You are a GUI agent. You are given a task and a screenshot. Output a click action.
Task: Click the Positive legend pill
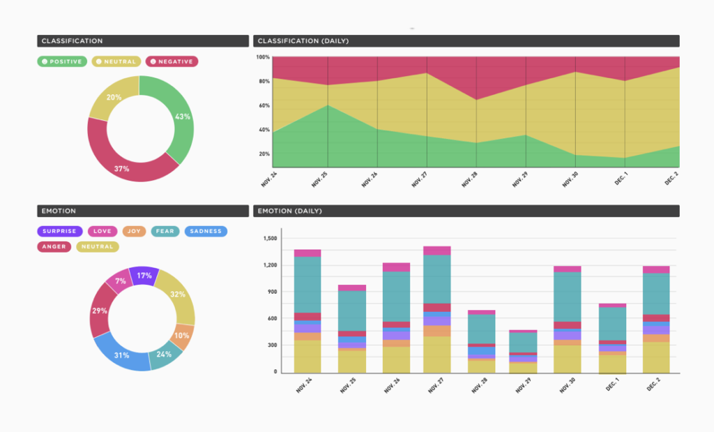pos(62,61)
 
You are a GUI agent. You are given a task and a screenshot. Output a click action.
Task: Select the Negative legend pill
pos(172,61)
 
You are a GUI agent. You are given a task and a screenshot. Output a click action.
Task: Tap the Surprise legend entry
pos(60,231)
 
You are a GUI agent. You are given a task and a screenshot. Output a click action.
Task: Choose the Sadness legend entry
pos(206,231)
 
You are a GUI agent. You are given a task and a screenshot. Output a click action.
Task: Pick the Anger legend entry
pos(53,246)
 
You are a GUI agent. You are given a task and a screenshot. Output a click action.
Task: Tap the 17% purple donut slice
pos(144,274)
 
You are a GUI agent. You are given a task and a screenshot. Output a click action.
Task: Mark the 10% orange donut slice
pos(183,336)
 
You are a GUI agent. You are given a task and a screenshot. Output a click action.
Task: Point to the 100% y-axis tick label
pos(263,57)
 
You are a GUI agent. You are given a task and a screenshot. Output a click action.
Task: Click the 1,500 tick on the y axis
pos(269,239)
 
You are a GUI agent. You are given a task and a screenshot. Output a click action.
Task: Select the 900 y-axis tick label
pos(272,292)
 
